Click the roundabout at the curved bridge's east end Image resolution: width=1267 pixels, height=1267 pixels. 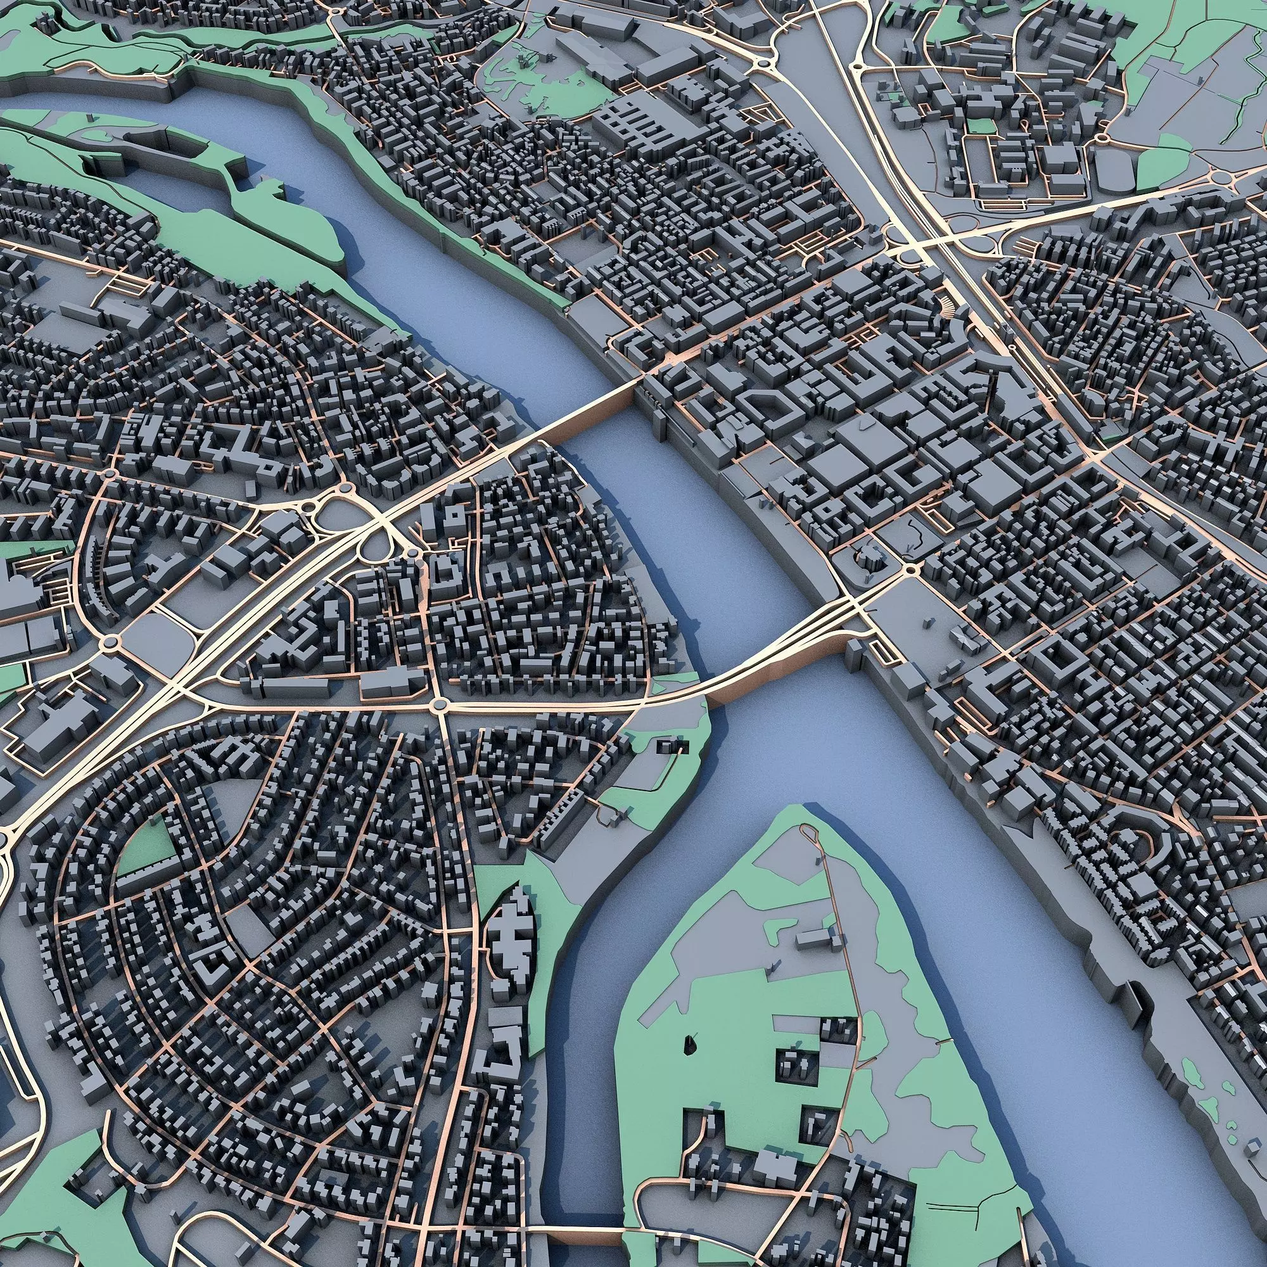(x=910, y=570)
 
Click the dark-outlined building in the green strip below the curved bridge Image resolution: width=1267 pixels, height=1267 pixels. (x=673, y=745)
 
